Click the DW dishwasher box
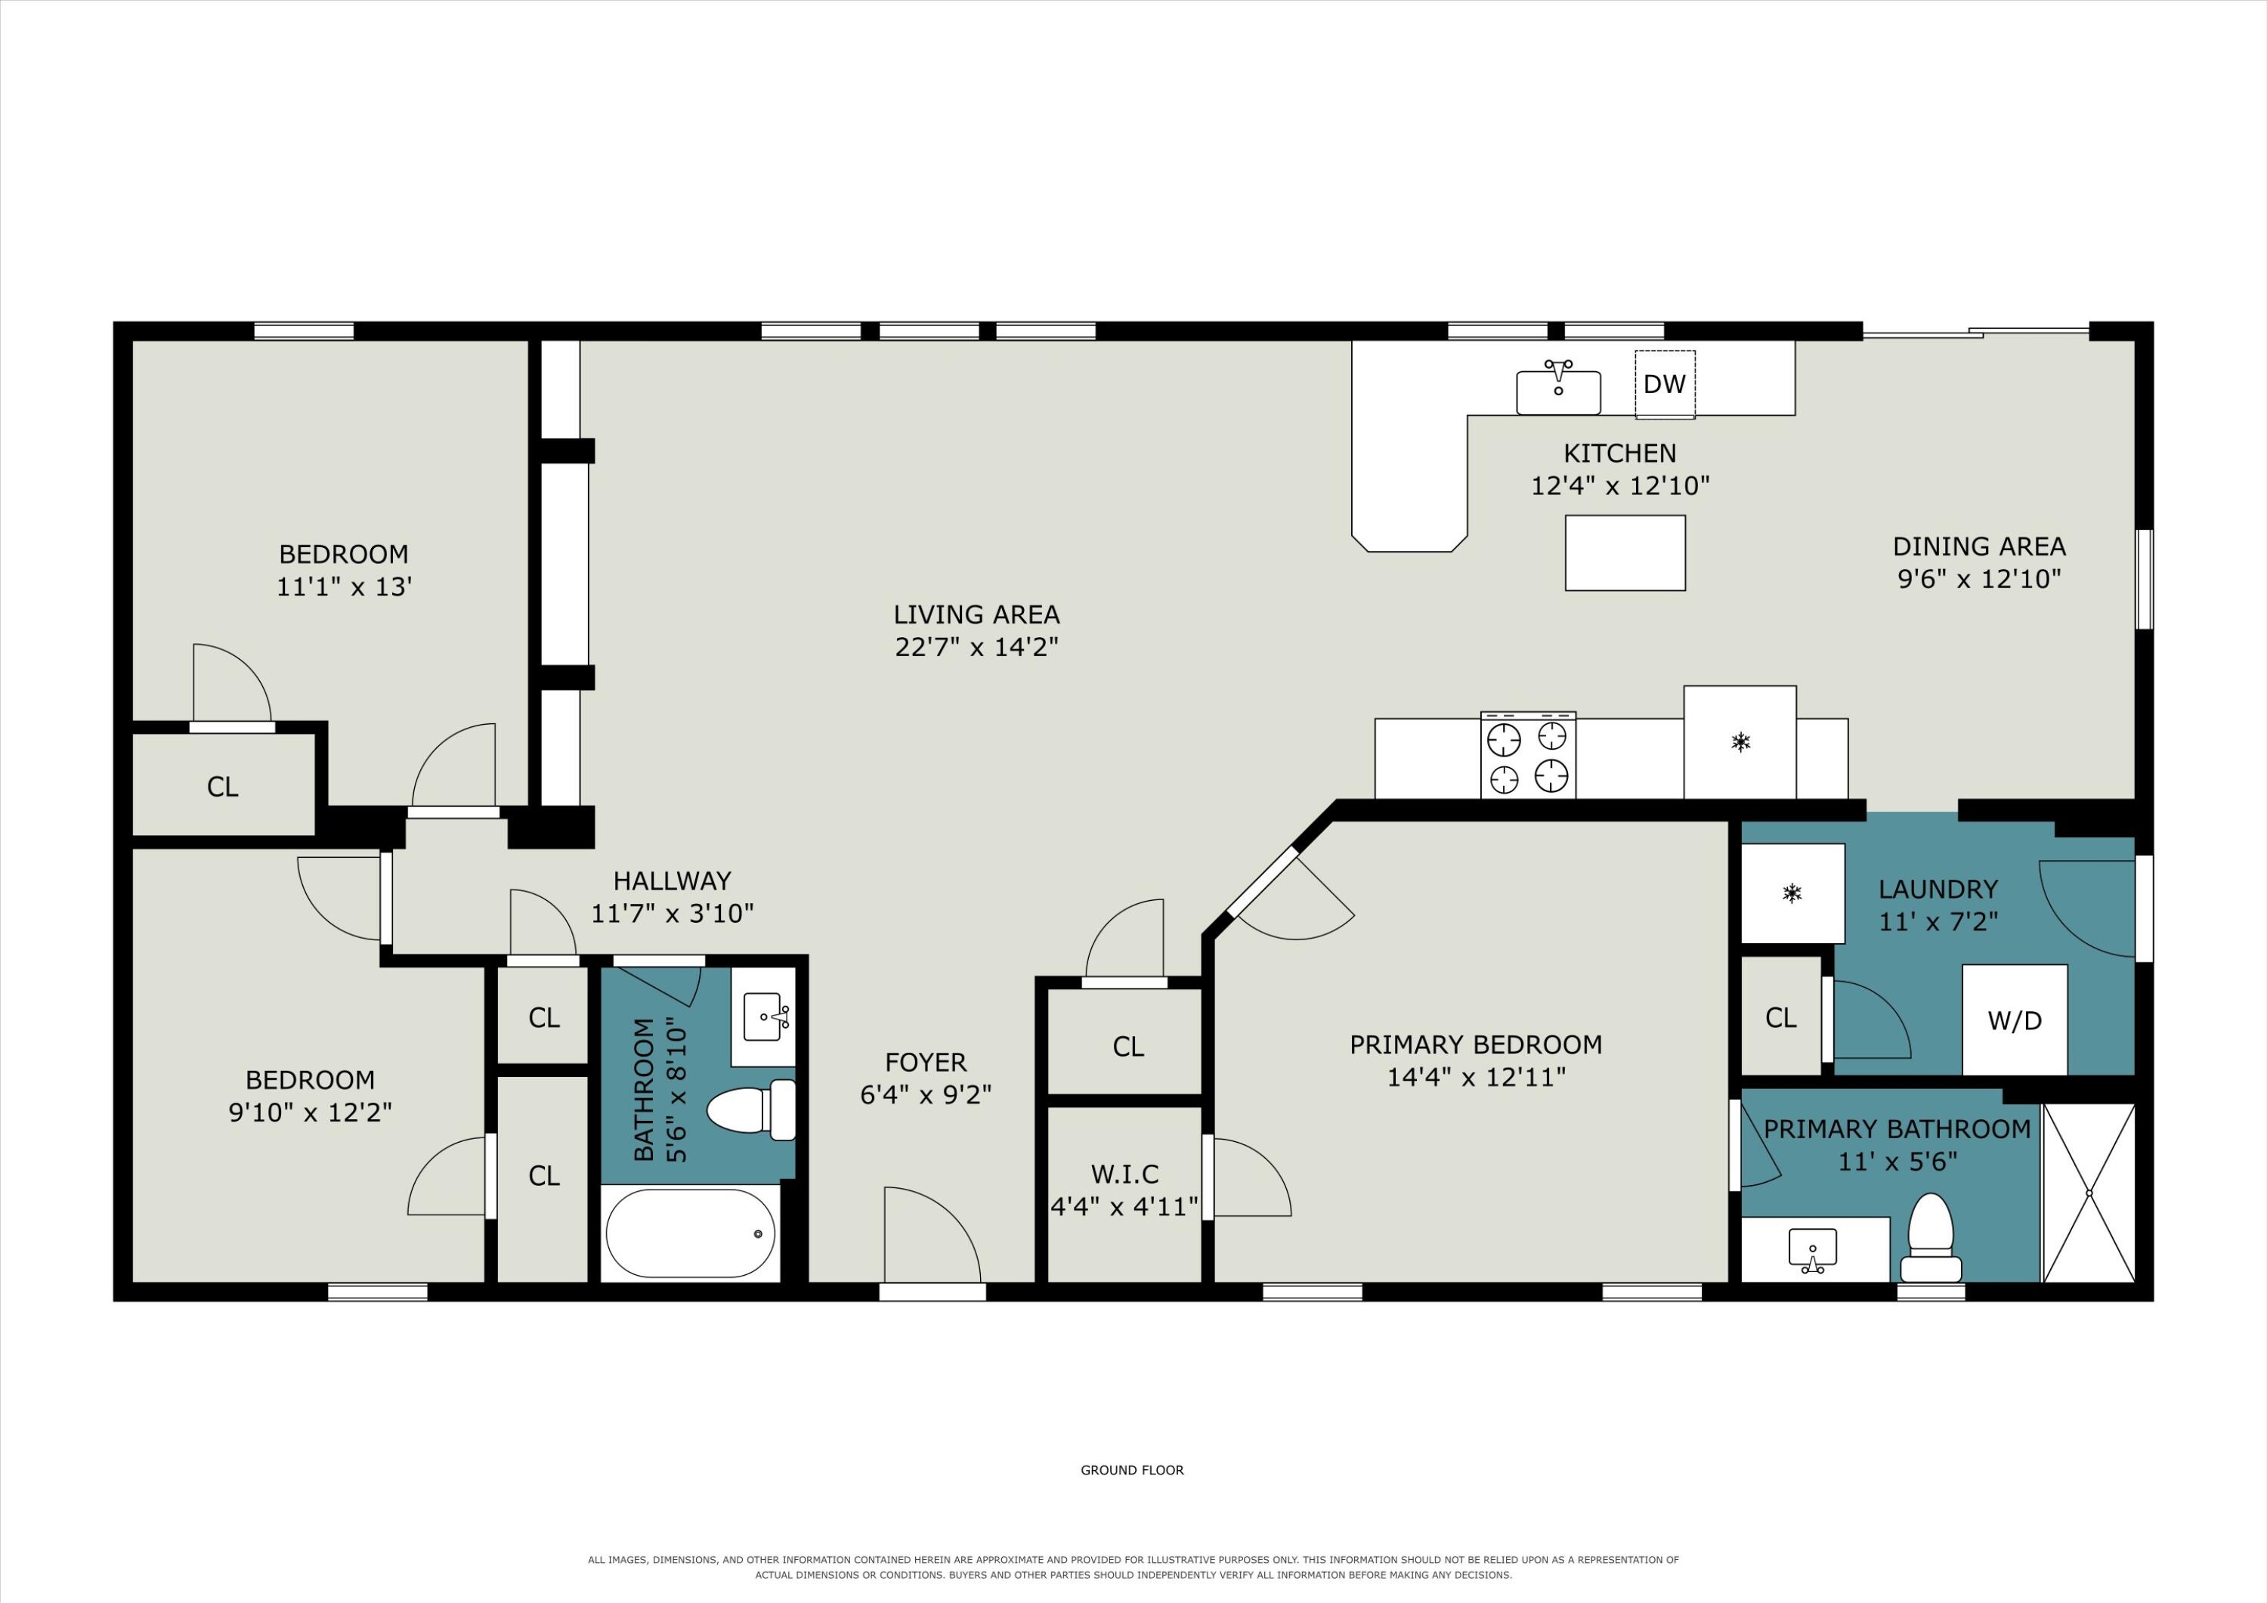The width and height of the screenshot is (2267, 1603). coord(1665,384)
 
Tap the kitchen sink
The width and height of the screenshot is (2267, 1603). coord(1558,390)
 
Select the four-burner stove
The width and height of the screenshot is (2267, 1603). coord(1527,754)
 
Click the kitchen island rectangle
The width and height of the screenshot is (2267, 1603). coord(1625,553)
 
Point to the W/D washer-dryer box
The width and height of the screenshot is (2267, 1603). coord(2015,1020)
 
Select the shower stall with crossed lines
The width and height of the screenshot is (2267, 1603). coord(2089,1193)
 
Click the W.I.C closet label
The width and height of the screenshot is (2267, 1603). coord(1124,1174)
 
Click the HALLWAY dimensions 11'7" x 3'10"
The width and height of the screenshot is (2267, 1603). coord(673,914)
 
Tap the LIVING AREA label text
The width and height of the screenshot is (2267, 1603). coord(976,614)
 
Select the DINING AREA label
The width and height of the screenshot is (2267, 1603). coord(1978,546)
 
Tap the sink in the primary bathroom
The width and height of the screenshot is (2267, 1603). coord(1813,1250)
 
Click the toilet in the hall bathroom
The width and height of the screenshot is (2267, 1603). coord(751,1110)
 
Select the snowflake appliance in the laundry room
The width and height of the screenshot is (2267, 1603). coord(1792,894)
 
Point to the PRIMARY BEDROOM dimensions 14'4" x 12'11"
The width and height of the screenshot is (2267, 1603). coord(1476,1076)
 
